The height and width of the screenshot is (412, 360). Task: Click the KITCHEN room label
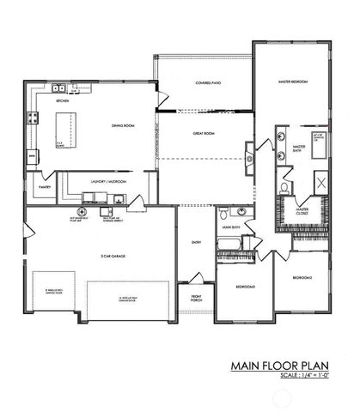coord(62,100)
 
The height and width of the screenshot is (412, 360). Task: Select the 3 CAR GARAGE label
coord(101,255)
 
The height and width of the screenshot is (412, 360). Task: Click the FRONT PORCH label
coord(195,299)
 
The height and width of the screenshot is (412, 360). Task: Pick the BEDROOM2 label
coord(302,277)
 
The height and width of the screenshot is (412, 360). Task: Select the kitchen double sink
coord(58,88)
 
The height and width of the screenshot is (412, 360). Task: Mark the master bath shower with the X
coord(319,182)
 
